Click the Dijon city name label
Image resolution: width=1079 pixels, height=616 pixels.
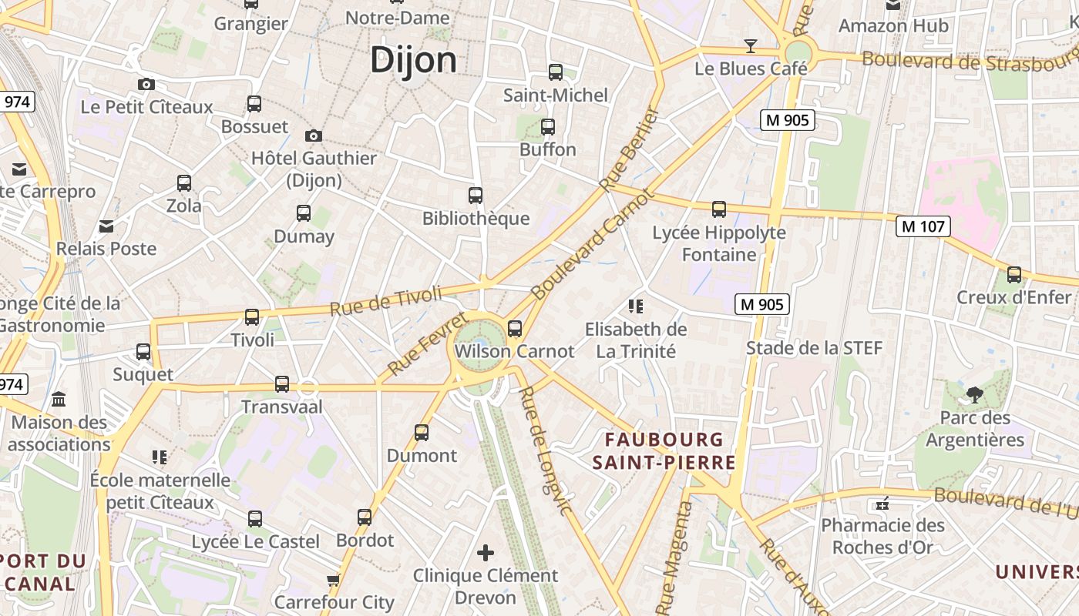[x=413, y=60]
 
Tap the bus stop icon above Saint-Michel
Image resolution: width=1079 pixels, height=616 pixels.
[x=555, y=72]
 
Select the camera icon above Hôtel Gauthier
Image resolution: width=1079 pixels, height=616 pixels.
[x=313, y=136]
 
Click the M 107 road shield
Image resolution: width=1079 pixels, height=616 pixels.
[x=923, y=226]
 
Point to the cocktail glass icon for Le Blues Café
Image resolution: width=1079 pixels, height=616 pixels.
[x=750, y=45]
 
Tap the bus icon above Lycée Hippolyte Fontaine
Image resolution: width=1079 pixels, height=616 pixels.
[x=719, y=209]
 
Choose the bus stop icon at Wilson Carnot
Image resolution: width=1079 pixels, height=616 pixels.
[x=515, y=329]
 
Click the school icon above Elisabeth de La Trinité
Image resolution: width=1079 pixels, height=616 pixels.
[x=636, y=306]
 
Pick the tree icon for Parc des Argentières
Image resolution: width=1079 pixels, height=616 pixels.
[x=974, y=395]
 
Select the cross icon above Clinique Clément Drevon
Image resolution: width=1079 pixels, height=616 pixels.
[x=486, y=552]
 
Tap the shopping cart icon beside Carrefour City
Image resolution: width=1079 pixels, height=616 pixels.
[x=333, y=579]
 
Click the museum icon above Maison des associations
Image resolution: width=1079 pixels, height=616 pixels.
[x=59, y=399]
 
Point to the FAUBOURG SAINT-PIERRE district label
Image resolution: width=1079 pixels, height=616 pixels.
[x=664, y=451]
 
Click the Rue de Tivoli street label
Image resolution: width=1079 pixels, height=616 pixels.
[x=386, y=300]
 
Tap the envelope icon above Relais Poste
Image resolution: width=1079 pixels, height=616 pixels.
[x=106, y=226]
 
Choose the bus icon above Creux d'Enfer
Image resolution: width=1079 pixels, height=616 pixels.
[x=1014, y=274]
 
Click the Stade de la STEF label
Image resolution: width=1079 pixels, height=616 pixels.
[x=814, y=348]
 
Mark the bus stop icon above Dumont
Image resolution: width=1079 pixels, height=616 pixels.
[x=422, y=432]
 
